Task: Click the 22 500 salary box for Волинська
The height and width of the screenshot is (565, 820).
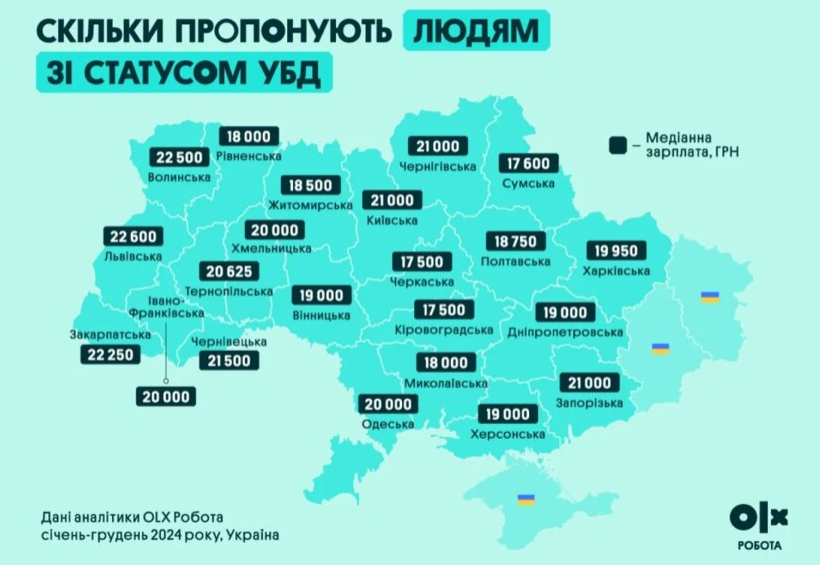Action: (x=180, y=157)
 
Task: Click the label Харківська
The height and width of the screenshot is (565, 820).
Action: (x=616, y=270)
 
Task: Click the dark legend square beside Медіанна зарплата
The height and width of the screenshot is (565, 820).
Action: (x=618, y=145)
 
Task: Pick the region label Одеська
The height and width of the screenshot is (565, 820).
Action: (x=387, y=424)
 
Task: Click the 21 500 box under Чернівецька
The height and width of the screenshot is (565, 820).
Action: (x=229, y=361)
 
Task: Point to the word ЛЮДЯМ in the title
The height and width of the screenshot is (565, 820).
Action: (x=478, y=32)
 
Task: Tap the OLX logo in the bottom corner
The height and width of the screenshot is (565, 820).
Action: (x=761, y=516)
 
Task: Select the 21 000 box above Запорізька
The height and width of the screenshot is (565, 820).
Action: (x=588, y=383)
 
